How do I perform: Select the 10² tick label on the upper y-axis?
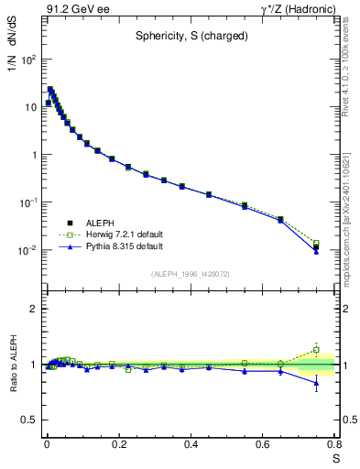[x=29, y=60]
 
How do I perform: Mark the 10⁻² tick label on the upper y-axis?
[x=29, y=250]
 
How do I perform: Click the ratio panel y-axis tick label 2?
[x=33, y=310]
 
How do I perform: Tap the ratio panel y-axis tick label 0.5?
[x=29, y=420]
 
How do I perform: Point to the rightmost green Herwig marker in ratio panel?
[x=316, y=349]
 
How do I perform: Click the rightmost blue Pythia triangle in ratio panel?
[x=316, y=383]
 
